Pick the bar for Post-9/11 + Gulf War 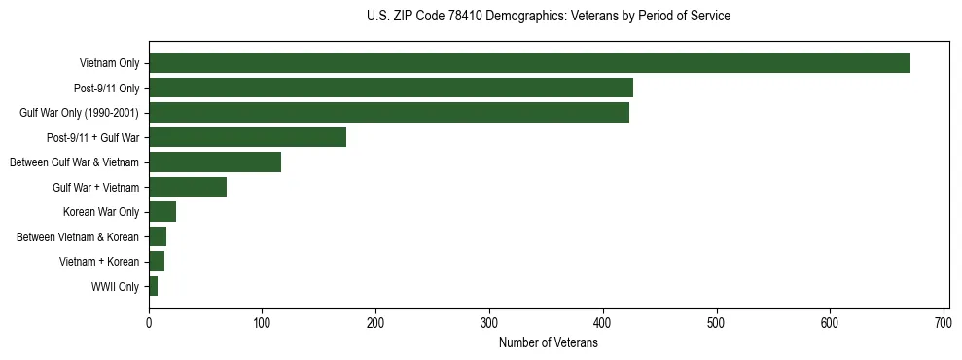point(247,137)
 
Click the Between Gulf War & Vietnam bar point(215,162)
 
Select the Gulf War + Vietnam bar point(188,187)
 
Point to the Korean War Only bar point(162,212)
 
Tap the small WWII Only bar point(153,286)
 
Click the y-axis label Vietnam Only point(109,64)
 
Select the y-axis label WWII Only point(115,287)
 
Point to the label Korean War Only point(101,212)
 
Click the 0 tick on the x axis point(149,322)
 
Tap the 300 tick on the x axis point(489,322)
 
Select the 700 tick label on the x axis point(944,322)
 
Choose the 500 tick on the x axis point(716,322)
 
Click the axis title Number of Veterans point(548,342)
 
